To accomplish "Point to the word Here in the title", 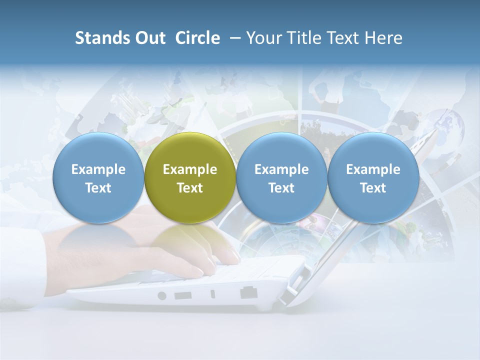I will point(384,38).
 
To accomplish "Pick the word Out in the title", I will point(149,38).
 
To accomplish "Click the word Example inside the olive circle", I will point(190,169).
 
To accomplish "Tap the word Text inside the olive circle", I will point(190,188).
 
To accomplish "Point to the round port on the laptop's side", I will point(162,295).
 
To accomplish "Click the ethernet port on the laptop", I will point(246,292).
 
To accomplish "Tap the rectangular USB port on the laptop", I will point(183,295).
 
